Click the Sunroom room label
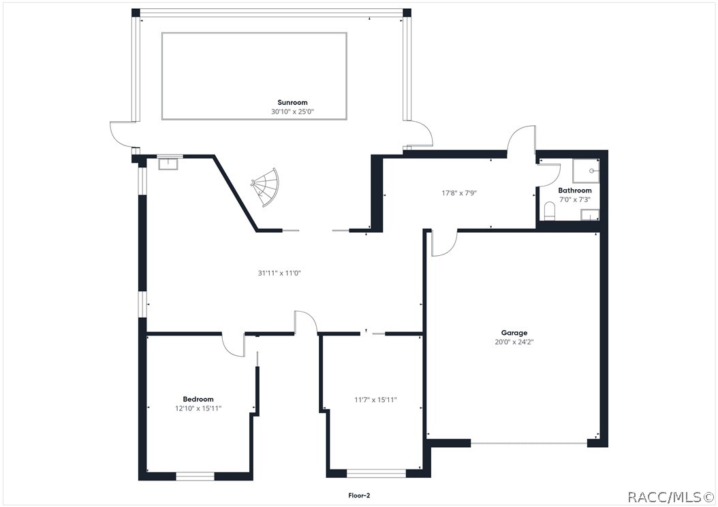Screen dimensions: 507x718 tap(292, 102)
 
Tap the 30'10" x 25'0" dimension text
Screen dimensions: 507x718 tap(292, 112)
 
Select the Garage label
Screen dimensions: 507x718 tap(514, 333)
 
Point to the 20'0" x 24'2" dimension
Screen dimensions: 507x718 tap(514, 342)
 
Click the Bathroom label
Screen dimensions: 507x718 tap(575, 191)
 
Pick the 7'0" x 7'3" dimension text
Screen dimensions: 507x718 tap(575, 200)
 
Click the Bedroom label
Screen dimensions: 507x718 tap(198, 399)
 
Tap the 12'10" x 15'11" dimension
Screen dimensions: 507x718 tap(198, 408)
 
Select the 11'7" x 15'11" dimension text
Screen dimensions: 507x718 tap(375, 399)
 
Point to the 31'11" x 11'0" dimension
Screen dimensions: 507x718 tap(279, 273)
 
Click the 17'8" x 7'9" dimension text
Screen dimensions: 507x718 tap(458, 193)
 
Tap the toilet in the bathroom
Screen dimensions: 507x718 tap(550, 210)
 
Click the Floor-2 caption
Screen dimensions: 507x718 tap(358, 496)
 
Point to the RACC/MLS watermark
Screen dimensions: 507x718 tap(670, 497)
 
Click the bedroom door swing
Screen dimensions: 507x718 tap(234, 345)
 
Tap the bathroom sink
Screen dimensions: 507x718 tap(589, 215)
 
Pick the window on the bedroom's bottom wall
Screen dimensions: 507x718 tap(196, 476)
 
